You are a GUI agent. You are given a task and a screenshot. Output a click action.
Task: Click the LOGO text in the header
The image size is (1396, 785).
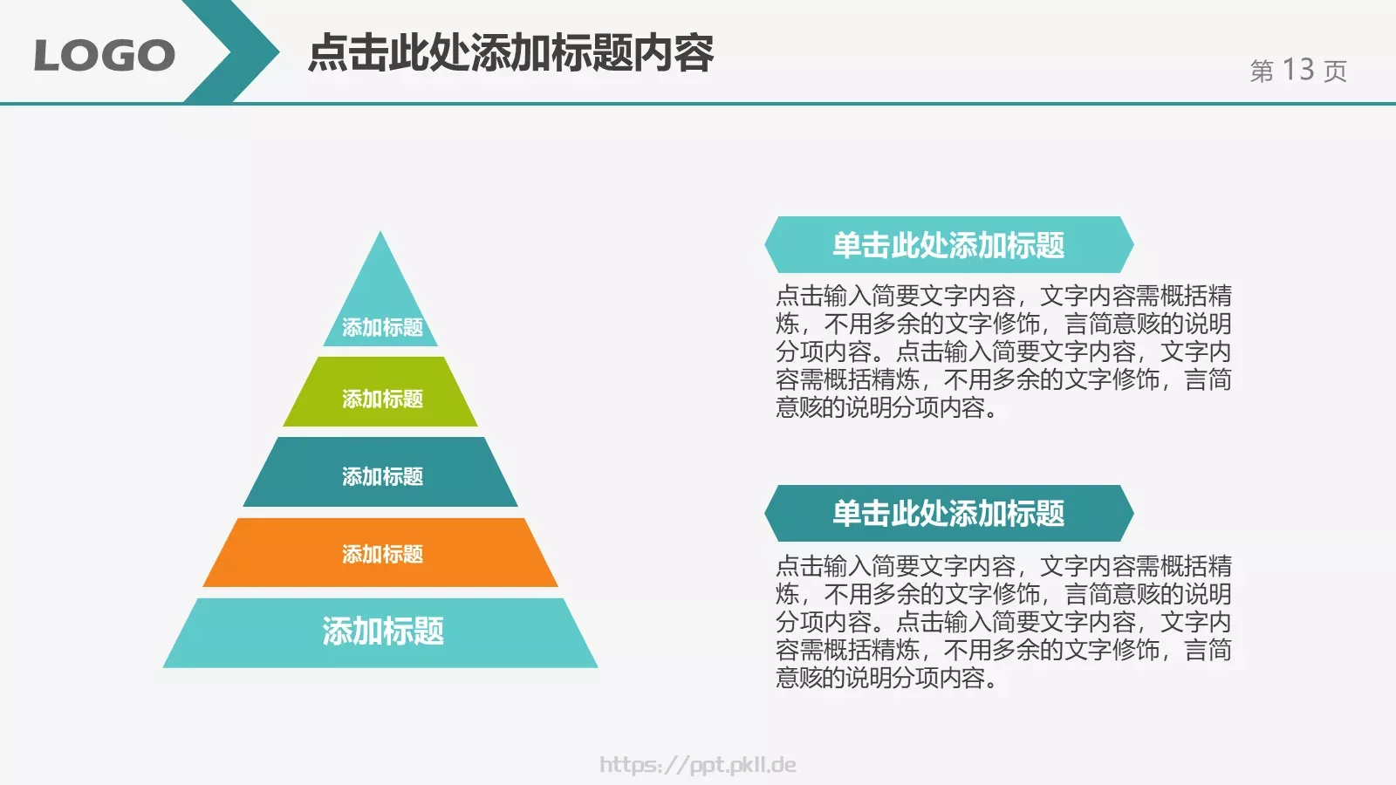click(104, 56)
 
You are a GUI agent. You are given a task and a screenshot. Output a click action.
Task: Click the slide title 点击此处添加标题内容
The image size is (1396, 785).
click(511, 53)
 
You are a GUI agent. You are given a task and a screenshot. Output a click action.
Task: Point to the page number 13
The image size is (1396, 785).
click(1298, 70)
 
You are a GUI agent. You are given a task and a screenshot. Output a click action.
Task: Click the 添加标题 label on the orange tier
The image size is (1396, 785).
click(382, 554)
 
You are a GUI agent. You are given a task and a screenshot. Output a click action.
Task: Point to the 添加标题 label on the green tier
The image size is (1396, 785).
click(382, 399)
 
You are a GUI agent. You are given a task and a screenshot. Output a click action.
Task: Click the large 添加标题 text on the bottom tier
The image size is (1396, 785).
click(382, 631)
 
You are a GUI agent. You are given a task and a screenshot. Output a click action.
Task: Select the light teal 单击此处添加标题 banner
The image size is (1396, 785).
click(948, 245)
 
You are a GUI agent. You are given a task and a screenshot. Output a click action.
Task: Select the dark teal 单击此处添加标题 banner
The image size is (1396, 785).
click(948, 513)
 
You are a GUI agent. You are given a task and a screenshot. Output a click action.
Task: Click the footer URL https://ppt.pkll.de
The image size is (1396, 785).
click(698, 765)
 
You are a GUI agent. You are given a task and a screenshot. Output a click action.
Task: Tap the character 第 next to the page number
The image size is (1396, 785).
click(1262, 71)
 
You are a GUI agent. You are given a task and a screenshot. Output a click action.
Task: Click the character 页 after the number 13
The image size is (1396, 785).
click(1335, 71)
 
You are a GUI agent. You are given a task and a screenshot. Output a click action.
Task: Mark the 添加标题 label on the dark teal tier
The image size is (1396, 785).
click(382, 476)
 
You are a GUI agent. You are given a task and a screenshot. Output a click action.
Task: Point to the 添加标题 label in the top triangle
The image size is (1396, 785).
click(382, 327)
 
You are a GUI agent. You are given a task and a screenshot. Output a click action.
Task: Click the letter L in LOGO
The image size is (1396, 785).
click(48, 56)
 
